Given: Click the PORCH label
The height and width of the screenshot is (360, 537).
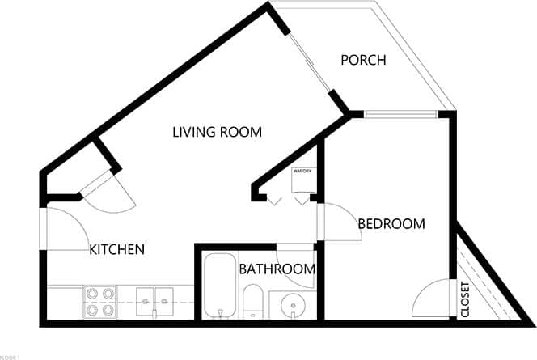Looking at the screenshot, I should tap(363, 60).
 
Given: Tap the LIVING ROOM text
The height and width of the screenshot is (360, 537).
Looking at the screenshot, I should tap(217, 132).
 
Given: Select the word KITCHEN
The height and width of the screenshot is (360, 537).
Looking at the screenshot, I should tap(116, 249).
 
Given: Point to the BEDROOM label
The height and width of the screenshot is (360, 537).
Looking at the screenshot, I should tap(391, 224).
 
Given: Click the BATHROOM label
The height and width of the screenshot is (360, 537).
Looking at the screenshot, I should tap(277, 269).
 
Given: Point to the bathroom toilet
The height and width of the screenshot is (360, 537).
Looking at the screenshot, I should tap(252, 301).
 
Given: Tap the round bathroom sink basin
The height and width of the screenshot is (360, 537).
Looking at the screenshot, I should tap(291, 305).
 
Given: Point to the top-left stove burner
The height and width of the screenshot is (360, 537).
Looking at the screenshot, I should tap(91, 294).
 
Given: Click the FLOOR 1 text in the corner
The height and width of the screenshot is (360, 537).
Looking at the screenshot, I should tap(10, 356).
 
